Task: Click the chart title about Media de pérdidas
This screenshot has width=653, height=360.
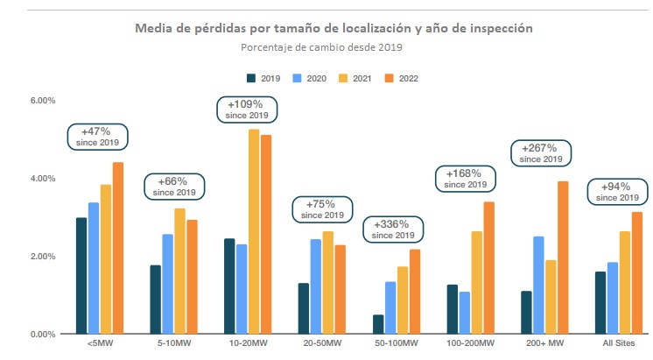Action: click(334, 29)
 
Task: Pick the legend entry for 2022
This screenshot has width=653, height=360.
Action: click(399, 79)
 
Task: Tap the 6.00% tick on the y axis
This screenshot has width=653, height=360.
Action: click(43, 101)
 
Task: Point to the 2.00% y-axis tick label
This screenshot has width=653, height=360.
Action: click(43, 257)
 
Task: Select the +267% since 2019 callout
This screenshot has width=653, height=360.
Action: click(541, 153)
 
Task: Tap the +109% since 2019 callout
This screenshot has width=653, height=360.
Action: click(246, 109)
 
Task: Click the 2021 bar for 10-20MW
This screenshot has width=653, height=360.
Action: click(254, 232)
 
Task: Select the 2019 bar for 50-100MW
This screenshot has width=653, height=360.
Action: click(377, 324)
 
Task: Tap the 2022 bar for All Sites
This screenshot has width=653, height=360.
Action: click(636, 272)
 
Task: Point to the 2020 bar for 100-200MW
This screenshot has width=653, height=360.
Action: click(464, 313)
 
